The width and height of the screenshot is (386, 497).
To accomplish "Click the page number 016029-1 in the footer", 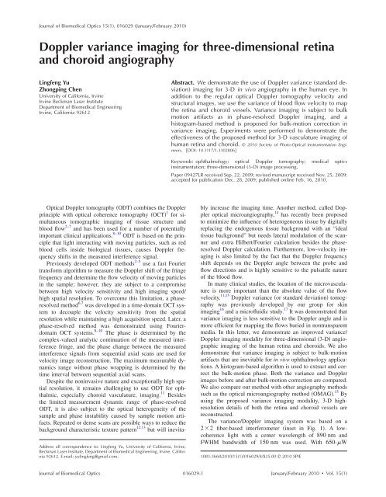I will (193, 488).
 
